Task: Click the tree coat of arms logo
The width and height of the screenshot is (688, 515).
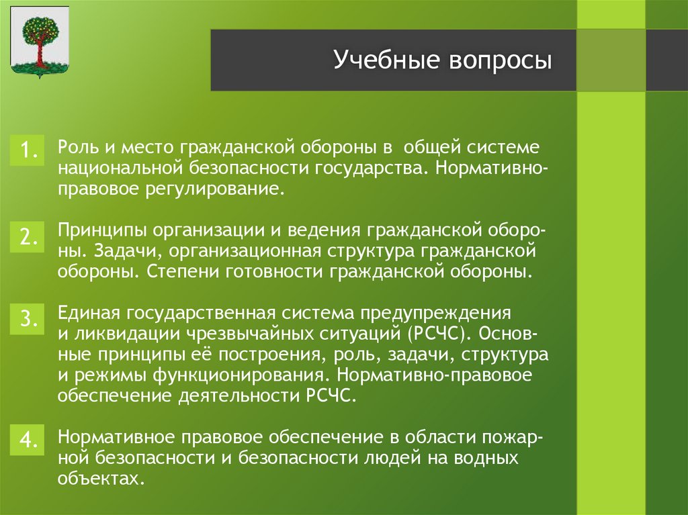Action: click(40, 42)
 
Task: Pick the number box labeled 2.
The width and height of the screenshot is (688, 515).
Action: click(27, 237)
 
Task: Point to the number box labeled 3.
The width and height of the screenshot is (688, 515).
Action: click(27, 320)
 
